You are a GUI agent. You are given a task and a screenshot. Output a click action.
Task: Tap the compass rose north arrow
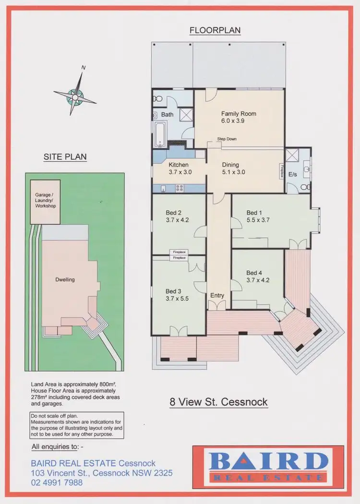(x=75, y=95)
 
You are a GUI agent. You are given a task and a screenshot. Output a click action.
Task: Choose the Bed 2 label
(x=174, y=216)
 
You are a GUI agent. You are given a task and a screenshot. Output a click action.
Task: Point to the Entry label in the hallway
(x=217, y=295)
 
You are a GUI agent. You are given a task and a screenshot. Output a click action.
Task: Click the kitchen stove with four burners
(x=181, y=187)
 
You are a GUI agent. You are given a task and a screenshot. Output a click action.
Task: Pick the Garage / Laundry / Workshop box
(x=45, y=202)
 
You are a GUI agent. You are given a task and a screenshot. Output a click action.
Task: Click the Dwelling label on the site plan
(x=65, y=279)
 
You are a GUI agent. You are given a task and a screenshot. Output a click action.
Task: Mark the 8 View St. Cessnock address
(x=218, y=402)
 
